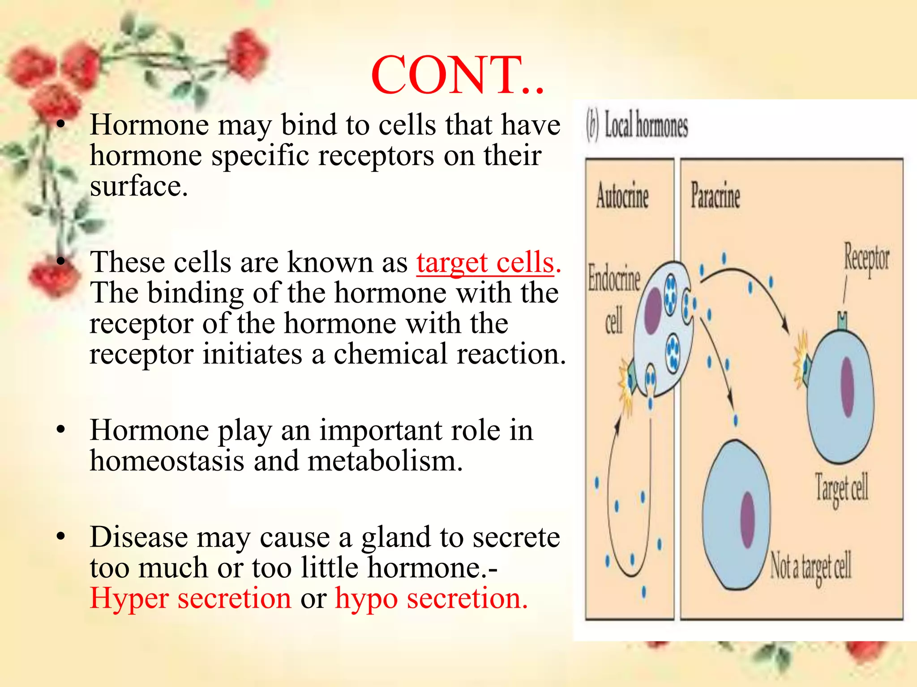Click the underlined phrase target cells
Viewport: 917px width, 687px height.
(485, 263)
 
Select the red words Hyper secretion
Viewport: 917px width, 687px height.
(190, 598)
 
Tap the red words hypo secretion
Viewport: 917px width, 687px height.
(431, 598)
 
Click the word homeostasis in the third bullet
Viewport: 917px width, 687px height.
(167, 461)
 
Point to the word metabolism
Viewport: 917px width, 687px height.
(385, 461)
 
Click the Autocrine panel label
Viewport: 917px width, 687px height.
(622, 197)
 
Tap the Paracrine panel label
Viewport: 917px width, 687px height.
(715, 196)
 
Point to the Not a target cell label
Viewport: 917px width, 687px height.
(810, 567)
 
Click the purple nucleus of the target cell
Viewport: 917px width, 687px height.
(847, 387)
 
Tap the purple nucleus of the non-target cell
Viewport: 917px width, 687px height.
(748, 520)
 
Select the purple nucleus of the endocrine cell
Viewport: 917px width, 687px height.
(653, 310)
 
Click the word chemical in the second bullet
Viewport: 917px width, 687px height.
(390, 354)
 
